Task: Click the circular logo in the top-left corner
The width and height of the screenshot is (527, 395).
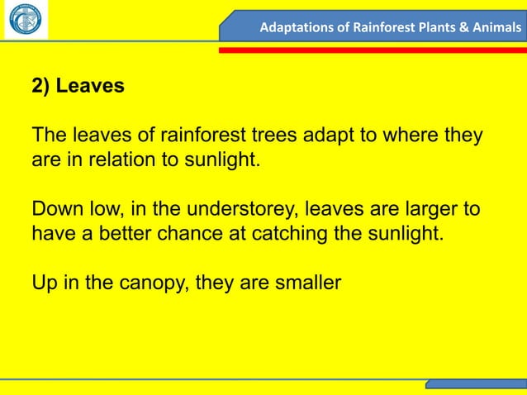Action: click(25, 21)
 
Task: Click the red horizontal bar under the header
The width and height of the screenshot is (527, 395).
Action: click(372, 50)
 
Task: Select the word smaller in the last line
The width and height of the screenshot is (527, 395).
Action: click(305, 283)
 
